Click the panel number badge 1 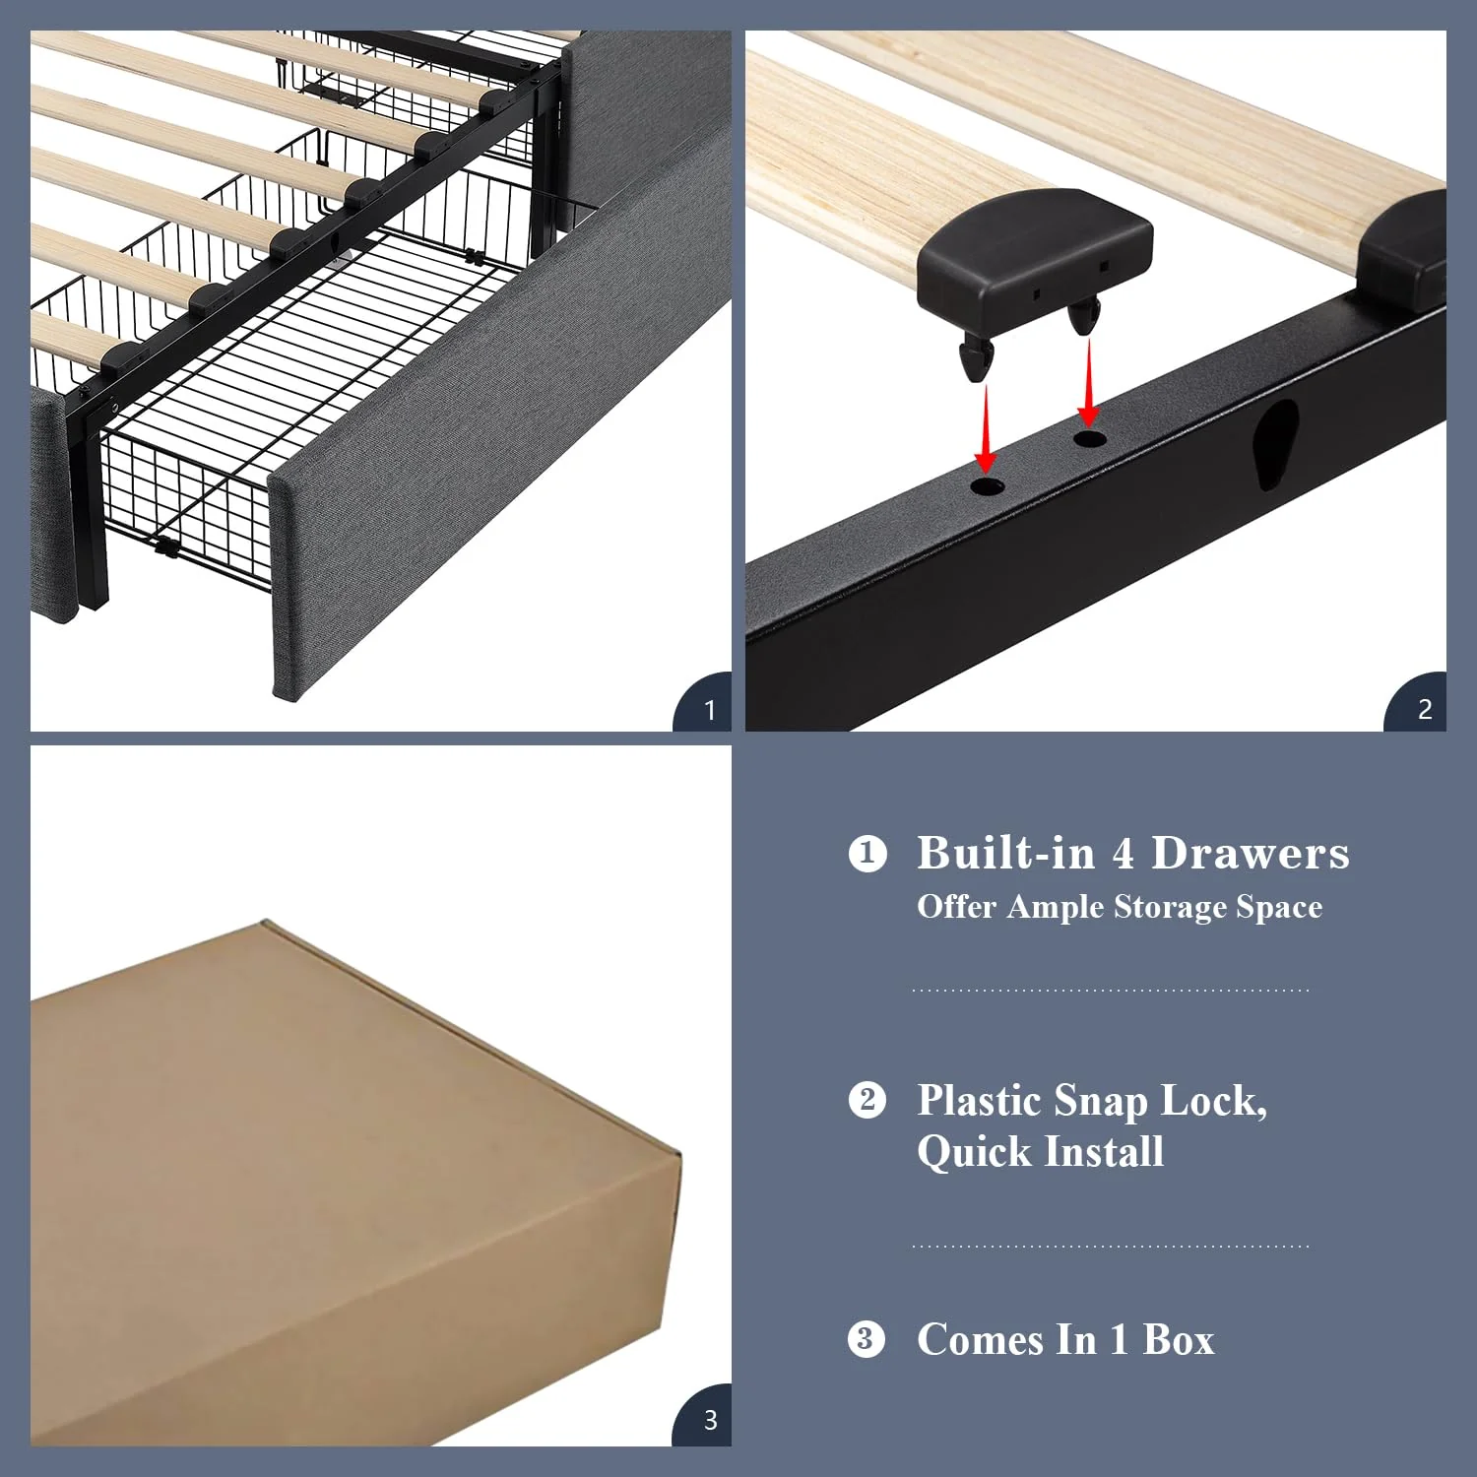pyautogui.click(x=709, y=709)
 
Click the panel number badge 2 pyautogui.click(x=1424, y=709)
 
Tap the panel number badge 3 pyautogui.click(x=709, y=1420)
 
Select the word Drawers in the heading pyautogui.click(x=1251, y=853)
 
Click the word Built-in pyautogui.click(x=1005, y=853)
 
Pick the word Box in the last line pyautogui.click(x=1179, y=1339)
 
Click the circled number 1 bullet pyautogui.click(x=867, y=853)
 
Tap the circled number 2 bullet pyautogui.click(x=867, y=1099)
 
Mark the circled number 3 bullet pyautogui.click(x=867, y=1339)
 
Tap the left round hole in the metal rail pyautogui.click(x=987, y=486)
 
